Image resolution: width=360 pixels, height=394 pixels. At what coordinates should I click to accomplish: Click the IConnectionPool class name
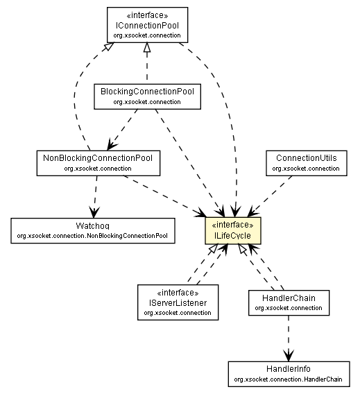coord(147,24)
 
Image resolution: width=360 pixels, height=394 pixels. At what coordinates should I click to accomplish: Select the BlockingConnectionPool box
coord(147,96)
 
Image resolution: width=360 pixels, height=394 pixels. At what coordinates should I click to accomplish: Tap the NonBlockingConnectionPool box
coord(98,162)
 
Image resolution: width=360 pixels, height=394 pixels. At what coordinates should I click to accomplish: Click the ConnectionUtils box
coord(306,162)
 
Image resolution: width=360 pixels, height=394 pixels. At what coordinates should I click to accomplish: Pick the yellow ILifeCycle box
coord(233,231)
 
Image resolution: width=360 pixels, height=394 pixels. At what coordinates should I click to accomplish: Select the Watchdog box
coord(93,230)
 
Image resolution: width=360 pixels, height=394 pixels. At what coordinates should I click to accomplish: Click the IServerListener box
coord(177,302)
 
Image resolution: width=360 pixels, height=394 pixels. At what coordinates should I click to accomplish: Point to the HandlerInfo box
coord(288,373)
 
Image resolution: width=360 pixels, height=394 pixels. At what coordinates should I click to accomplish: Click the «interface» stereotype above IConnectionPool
coord(147,15)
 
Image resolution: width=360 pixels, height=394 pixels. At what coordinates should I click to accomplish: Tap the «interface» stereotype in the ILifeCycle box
coord(233,225)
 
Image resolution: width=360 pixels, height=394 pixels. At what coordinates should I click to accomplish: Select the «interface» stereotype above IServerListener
coord(177,293)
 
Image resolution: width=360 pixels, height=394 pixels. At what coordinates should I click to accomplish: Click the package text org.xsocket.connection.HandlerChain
coord(288,379)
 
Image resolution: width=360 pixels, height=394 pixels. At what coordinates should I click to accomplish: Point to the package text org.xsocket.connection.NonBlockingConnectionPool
coord(93,236)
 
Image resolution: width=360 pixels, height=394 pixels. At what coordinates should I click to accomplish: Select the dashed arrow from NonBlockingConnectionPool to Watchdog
coord(95,196)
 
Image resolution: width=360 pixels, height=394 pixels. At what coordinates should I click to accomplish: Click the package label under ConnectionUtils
coord(306,169)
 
